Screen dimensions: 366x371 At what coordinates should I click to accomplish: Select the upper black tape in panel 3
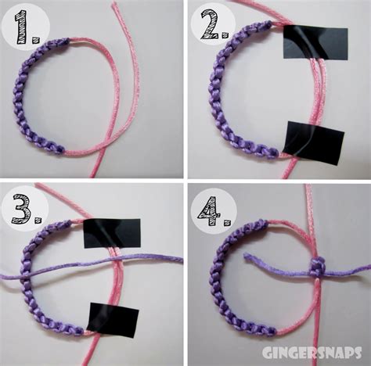coord(112,231)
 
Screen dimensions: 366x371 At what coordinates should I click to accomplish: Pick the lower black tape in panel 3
coord(113,317)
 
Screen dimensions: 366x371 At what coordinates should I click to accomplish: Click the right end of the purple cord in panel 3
coord(179,259)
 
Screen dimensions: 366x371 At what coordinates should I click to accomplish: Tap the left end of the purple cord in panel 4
coord(246,257)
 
